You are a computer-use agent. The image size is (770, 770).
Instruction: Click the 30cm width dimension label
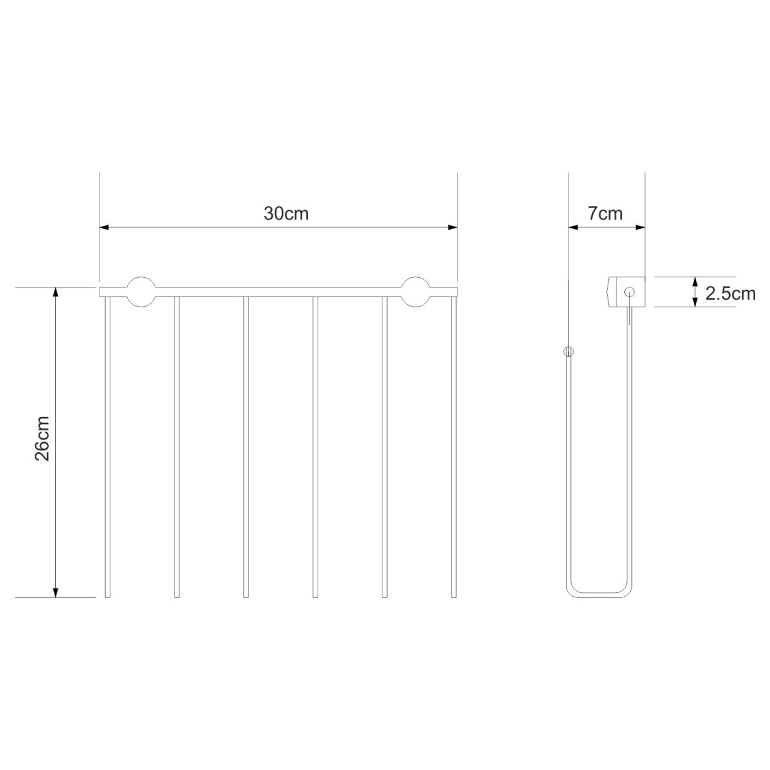[x=286, y=214]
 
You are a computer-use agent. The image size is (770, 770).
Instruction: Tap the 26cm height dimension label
[x=42, y=439]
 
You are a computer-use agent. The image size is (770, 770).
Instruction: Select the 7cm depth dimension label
[x=605, y=214]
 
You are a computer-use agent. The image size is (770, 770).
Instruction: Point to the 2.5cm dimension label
[x=730, y=294]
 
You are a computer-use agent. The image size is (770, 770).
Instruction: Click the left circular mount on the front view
[x=141, y=292]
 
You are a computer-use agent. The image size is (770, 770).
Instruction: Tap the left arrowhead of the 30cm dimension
[x=104, y=227]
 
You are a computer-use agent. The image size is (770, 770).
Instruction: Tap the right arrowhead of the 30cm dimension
[x=452, y=227]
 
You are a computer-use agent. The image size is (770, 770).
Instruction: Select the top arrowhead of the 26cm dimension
[x=56, y=292]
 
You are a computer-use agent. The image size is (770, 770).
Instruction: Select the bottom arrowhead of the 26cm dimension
[x=56, y=593]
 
